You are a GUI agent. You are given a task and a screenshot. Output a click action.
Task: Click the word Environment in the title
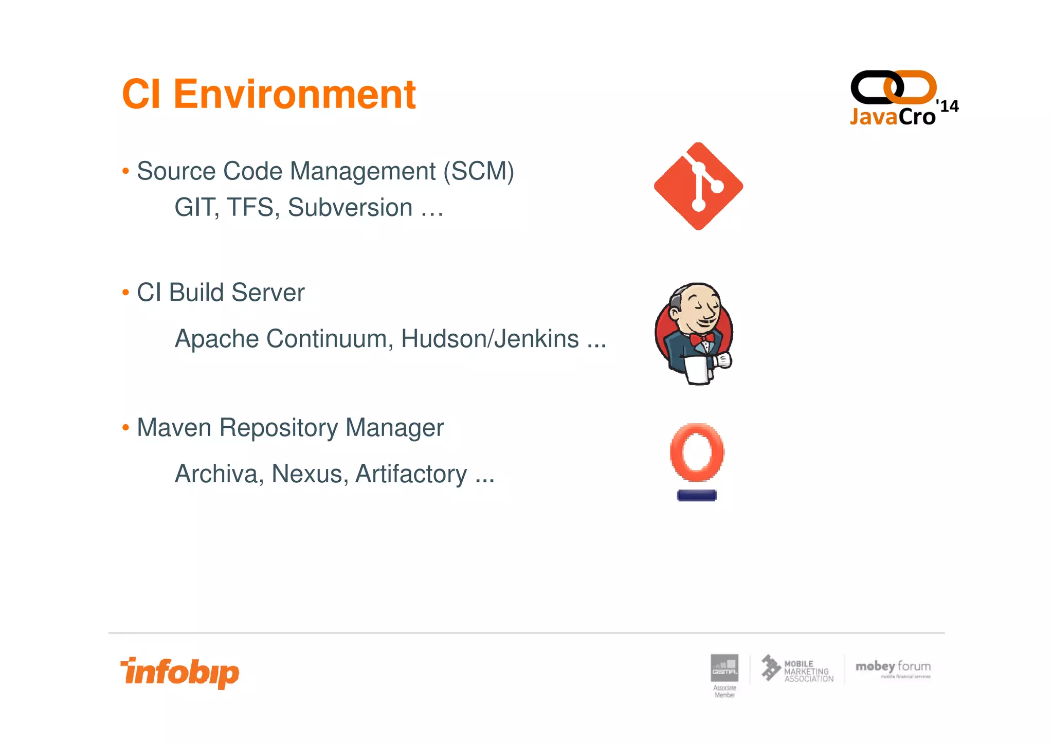tap(294, 95)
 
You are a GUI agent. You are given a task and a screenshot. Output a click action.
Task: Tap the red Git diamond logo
tap(698, 186)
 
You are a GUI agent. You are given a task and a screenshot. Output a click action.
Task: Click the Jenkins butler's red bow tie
tap(702, 339)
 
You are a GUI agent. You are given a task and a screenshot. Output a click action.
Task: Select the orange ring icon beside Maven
tap(697, 452)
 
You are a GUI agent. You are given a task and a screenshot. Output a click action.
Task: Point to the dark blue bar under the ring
tap(697, 496)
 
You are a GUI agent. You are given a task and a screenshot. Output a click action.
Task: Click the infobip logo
tap(180, 673)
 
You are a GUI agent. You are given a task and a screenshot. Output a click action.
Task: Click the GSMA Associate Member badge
tap(724, 675)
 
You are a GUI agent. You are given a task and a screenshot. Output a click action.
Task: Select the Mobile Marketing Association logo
tap(797, 669)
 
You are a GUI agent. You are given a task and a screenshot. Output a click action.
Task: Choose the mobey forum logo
tap(893, 668)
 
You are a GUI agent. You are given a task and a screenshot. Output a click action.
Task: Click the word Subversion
tap(350, 208)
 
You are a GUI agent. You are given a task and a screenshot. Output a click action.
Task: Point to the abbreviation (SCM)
tap(479, 171)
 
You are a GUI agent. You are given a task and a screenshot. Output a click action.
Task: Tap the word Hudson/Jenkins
tap(489, 339)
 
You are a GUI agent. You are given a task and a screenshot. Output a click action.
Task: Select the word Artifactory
tap(411, 474)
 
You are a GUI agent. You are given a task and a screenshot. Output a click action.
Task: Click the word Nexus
tap(306, 474)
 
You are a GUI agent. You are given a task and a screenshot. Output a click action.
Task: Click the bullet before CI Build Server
tap(125, 293)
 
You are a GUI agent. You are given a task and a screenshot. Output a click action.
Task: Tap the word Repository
tap(278, 428)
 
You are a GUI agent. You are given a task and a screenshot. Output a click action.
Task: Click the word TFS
tap(250, 208)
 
